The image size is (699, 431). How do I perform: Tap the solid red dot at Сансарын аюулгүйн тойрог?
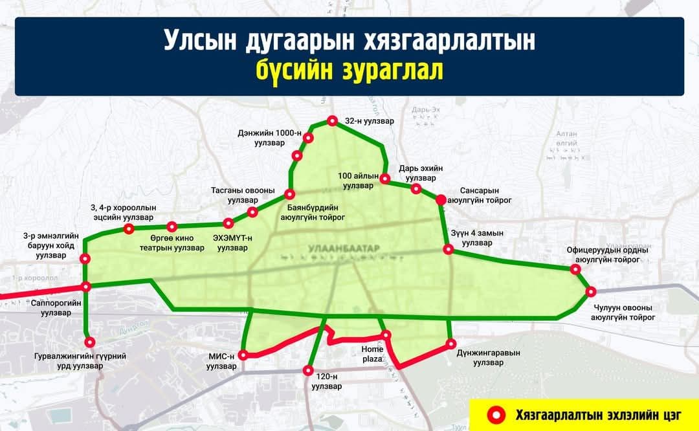pos(441,200)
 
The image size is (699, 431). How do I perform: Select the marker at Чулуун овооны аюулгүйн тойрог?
pos(590,292)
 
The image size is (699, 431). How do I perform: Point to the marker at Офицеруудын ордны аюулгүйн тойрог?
pos(575,269)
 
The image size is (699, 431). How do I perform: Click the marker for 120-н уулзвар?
pos(308,371)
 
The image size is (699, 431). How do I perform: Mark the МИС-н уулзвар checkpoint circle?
pos(243,355)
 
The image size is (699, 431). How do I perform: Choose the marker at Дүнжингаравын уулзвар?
pos(451,344)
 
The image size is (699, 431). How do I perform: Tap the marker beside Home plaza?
pos(386,335)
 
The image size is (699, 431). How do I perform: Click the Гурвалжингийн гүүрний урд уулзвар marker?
pos(90,342)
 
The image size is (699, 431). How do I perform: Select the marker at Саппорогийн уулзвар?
pos(85,287)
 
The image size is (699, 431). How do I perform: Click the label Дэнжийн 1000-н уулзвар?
pos(278,138)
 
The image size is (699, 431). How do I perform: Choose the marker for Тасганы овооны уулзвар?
pos(252,212)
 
